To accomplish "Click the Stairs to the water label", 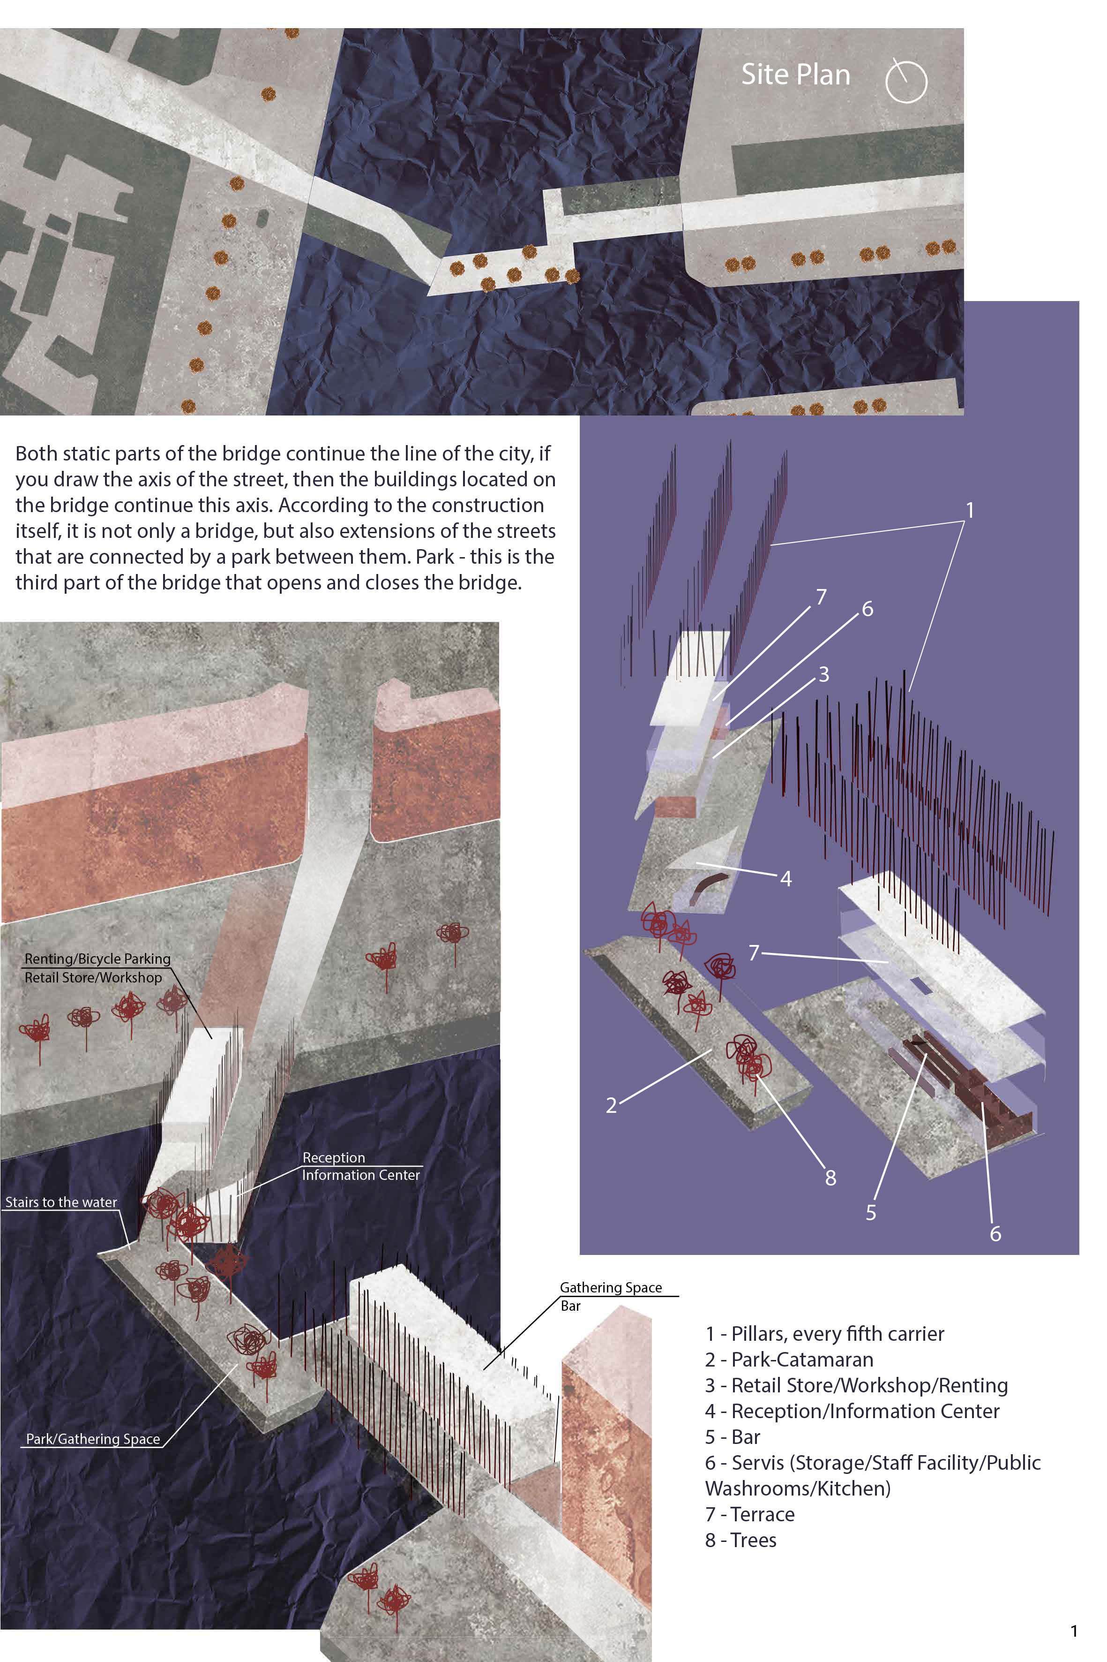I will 61,1202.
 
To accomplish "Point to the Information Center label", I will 361,1175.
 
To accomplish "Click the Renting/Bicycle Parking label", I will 97,959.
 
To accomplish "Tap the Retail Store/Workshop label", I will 93,978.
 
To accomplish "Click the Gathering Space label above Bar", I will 611,1288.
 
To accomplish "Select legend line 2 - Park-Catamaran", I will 789,1360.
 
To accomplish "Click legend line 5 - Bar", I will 732,1437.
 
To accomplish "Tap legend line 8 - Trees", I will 740,1541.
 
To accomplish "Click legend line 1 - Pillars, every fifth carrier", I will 824,1334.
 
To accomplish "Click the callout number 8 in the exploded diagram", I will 830,1178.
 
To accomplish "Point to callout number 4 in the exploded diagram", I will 786,879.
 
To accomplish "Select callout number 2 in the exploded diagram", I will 612,1105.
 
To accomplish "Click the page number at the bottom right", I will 1074,1632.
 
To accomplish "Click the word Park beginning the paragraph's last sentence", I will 434,557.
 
